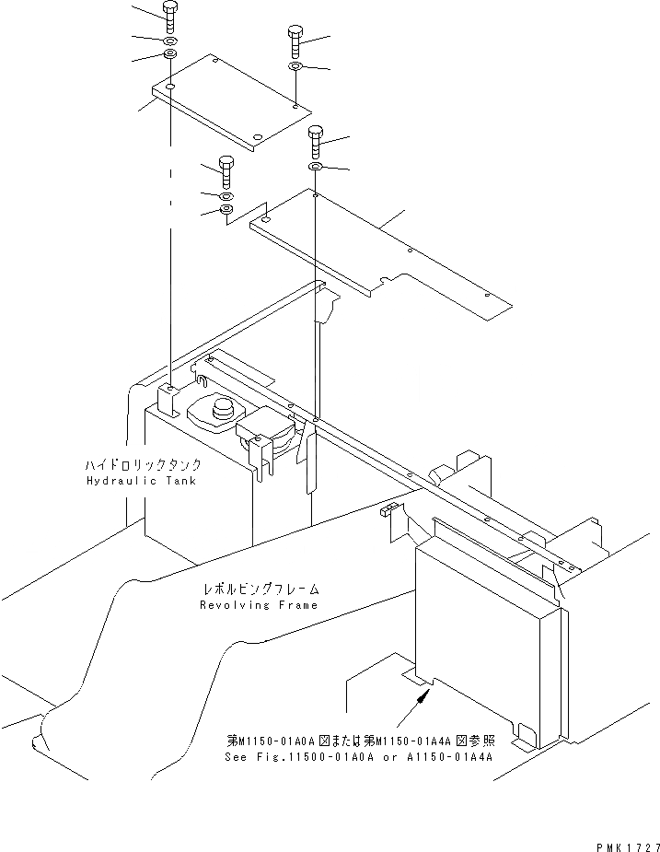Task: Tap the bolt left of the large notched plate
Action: tap(226, 172)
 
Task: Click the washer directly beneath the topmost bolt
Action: tap(171, 42)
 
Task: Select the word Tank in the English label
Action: tap(178, 482)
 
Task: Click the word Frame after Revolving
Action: tap(299, 605)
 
